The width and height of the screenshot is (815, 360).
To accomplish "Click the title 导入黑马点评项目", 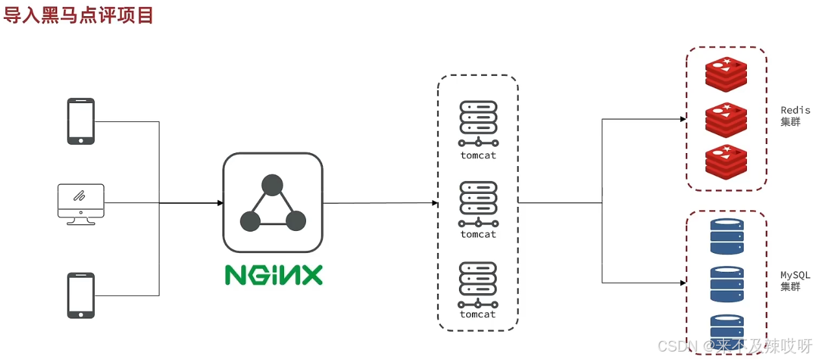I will point(78,14).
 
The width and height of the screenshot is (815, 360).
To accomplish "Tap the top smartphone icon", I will point(81,121).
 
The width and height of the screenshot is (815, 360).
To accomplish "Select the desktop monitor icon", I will point(80,203).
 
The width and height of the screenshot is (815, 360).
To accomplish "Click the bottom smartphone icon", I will point(81,295).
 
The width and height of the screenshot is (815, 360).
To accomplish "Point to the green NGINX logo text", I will point(274,275).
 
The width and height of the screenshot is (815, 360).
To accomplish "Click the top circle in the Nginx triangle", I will point(272,186).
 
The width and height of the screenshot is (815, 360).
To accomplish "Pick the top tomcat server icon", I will point(478,123).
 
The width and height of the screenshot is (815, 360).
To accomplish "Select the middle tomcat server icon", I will point(478,202).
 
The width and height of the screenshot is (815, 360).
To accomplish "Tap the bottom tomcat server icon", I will point(478,283).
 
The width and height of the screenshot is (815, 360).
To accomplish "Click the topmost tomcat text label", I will point(478,156).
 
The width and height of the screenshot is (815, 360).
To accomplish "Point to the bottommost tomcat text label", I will point(478,315).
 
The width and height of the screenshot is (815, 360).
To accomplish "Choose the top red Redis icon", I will point(726,73).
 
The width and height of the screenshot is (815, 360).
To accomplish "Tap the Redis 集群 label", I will point(794,116).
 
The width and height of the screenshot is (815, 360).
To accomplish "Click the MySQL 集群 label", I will point(794,281).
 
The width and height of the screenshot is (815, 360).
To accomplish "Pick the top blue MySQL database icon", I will point(727,236).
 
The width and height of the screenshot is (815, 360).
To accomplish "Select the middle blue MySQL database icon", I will point(727,284).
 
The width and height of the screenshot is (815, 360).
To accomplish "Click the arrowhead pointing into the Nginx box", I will point(220,203).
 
